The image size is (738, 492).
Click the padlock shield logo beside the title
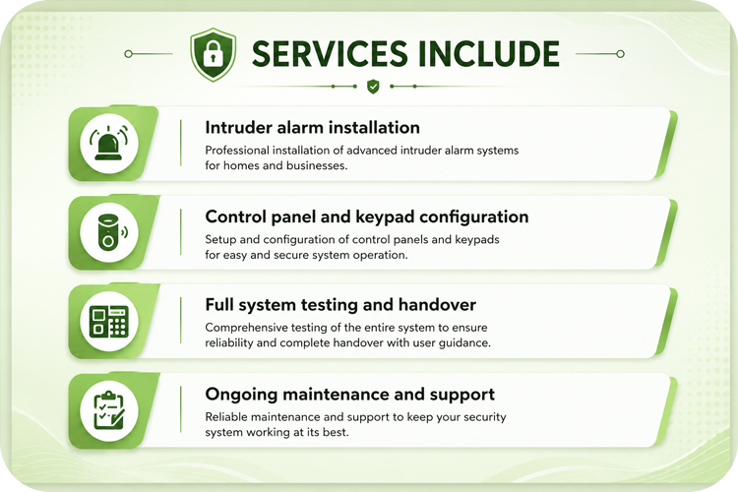pos(214,54)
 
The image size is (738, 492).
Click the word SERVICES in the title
pos(330,53)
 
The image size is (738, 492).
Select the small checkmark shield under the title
pos(373,87)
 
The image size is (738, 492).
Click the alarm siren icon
pos(109,143)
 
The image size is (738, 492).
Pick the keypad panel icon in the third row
pos(109,321)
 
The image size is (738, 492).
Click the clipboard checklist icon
pos(109,410)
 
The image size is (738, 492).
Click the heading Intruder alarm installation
pos(313,128)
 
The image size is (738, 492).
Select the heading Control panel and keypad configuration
pos(367,217)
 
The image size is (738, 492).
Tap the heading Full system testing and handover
pos(340,305)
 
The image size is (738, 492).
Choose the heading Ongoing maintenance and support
pos(349,395)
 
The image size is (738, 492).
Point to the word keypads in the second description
pos(477,240)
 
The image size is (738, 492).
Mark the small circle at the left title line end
pos(128,54)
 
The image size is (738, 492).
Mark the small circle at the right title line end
pos(620,54)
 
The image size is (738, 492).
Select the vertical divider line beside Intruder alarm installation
pos(181,143)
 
